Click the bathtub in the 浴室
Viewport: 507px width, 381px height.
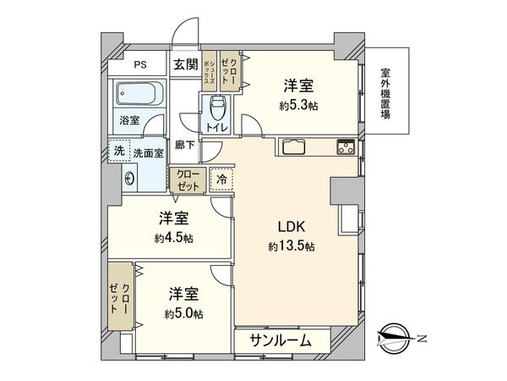[138, 94]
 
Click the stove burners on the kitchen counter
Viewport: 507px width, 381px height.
[346, 146]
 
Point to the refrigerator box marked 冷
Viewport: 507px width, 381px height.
[221, 179]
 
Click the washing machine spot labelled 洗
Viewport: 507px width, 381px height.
[118, 151]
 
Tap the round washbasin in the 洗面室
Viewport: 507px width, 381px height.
[129, 178]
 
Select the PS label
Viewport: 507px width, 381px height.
[139, 63]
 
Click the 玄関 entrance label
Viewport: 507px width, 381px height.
[186, 63]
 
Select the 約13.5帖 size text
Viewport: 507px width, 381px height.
[292, 246]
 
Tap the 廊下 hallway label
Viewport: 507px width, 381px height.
[184, 144]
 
